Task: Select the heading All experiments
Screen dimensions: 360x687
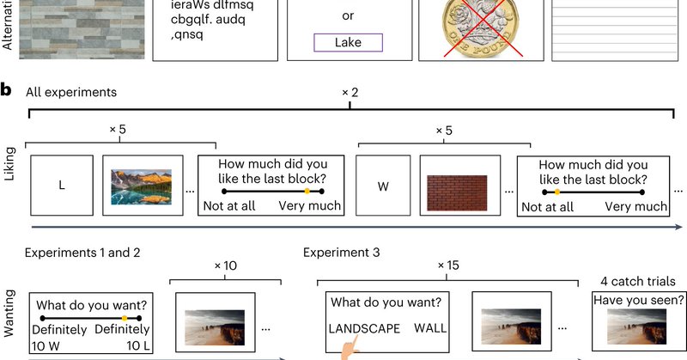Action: coord(71,92)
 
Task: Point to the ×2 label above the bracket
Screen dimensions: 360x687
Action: coord(350,90)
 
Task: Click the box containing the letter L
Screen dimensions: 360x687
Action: coord(62,185)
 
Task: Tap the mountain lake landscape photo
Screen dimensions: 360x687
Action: coord(143,186)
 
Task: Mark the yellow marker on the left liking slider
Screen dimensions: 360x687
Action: coord(307,191)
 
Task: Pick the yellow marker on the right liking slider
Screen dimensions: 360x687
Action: coord(556,191)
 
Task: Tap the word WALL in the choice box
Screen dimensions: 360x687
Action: coord(430,329)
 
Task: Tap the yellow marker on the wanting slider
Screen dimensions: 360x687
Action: coord(125,319)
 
